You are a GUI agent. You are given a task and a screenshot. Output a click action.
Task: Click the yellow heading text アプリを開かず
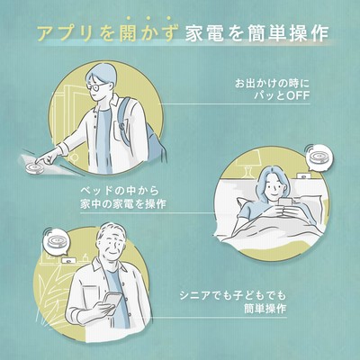point(108,33)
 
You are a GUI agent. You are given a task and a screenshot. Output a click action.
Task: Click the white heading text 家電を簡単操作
point(256,33)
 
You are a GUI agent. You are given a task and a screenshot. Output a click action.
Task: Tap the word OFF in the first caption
point(298,95)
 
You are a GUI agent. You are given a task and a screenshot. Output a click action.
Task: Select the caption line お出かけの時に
point(272,83)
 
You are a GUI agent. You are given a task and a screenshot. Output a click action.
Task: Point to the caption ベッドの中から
point(120,191)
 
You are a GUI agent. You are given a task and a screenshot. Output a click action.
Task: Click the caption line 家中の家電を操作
point(123,204)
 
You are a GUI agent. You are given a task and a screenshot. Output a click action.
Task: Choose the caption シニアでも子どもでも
point(233,295)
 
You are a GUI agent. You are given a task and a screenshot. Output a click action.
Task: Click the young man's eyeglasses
point(96,86)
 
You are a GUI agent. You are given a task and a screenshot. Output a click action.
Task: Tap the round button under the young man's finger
point(34,167)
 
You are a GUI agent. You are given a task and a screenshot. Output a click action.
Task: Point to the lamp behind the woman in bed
point(248,164)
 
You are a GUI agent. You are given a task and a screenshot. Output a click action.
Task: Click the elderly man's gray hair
point(112,231)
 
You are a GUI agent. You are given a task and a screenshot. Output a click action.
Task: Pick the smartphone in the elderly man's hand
point(112,301)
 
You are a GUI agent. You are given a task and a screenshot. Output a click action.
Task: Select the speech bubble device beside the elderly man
point(56,241)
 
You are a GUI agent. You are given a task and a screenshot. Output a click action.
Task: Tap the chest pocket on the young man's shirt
point(121,130)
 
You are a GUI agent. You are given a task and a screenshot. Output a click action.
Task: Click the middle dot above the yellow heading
point(148,18)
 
